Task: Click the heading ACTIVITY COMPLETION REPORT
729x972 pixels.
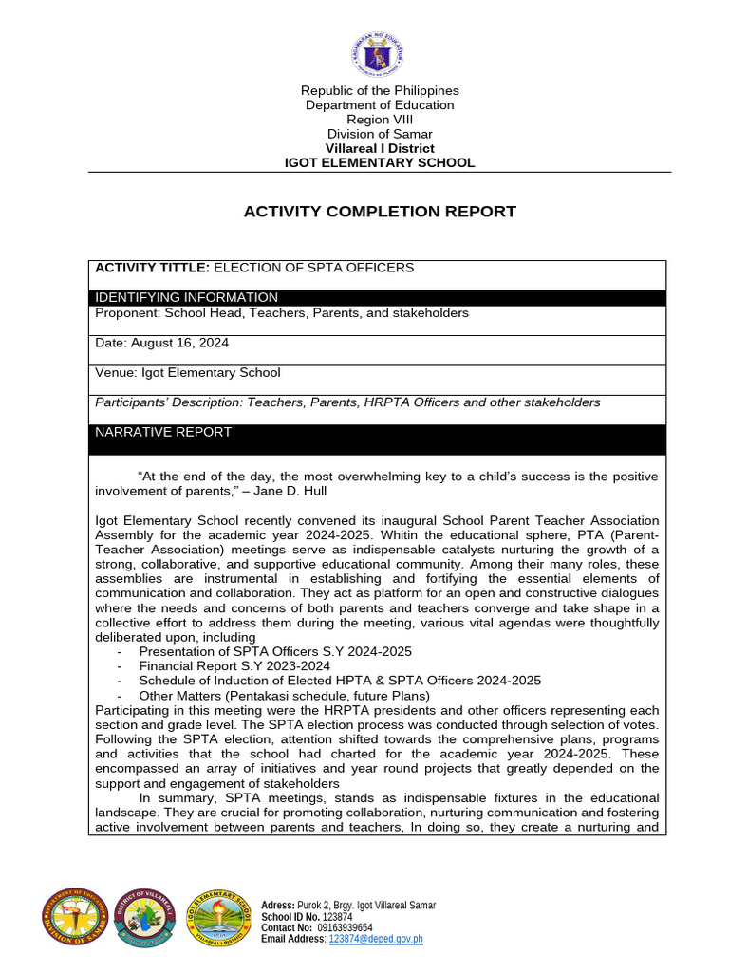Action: coord(380,212)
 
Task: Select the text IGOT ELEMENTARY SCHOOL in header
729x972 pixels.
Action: coord(380,162)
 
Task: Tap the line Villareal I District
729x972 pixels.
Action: coord(380,148)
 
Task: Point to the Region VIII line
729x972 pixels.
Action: coord(380,120)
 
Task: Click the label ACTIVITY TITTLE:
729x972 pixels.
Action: coord(152,268)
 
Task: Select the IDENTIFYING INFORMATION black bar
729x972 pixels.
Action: coord(380,297)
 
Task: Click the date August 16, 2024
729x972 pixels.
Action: coord(179,343)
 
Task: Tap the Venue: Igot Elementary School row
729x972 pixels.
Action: coord(188,372)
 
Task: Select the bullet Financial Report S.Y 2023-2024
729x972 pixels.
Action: coord(234,666)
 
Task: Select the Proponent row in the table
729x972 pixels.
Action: coord(282,312)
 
